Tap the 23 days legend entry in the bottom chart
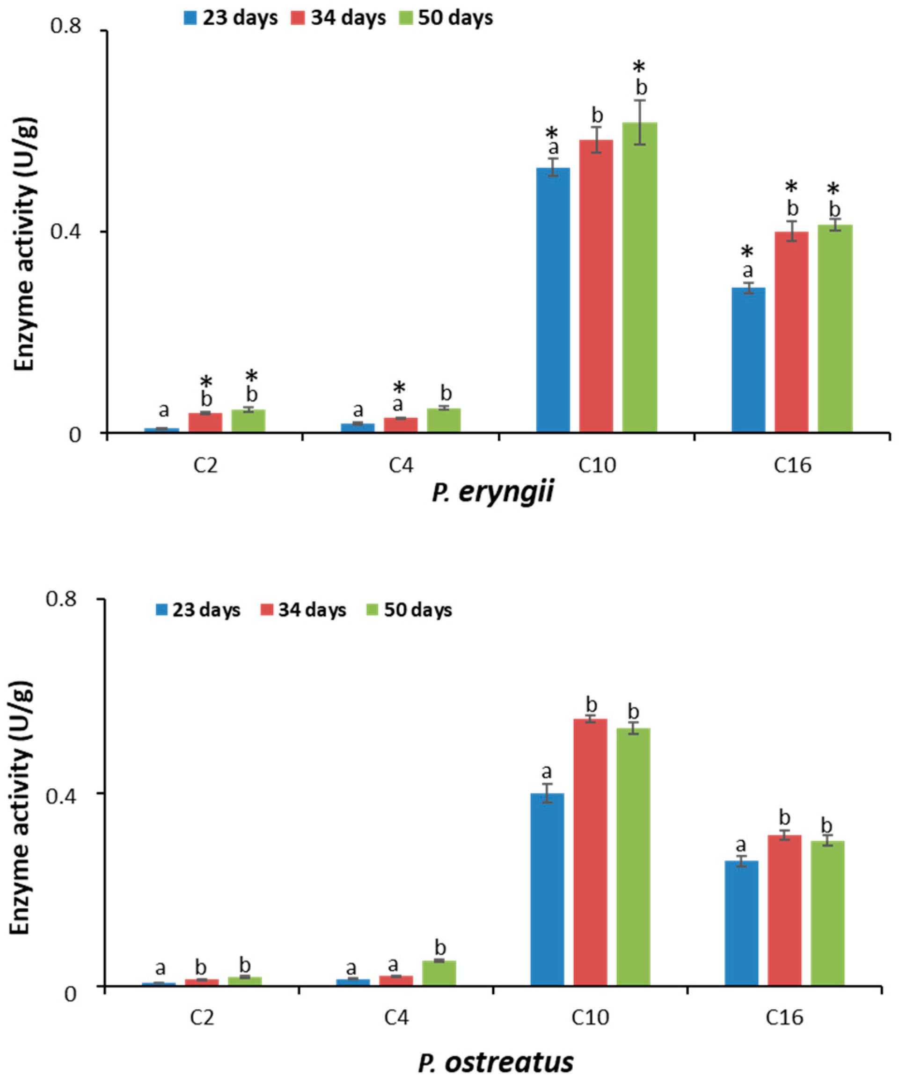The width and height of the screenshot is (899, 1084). pos(198,610)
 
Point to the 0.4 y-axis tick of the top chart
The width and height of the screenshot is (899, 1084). pos(66,232)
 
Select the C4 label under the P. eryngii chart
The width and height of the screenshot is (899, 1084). pos(401,466)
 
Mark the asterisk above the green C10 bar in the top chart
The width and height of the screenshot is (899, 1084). pos(639,66)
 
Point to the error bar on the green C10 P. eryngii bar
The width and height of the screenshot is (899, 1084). pos(640,122)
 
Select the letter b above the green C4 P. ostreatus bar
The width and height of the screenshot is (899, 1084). pos(440,948)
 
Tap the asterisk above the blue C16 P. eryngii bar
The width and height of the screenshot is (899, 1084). pos(748,252)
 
